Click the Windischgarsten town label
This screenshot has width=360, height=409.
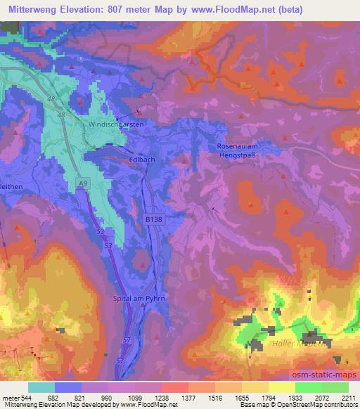tap(116, 124)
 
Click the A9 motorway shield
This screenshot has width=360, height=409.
tap(84, 183)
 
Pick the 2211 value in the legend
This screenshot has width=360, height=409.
tap(348, 397)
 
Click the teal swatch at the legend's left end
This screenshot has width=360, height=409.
tap(41, 387)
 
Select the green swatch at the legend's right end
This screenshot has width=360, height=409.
tap(335, 387)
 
